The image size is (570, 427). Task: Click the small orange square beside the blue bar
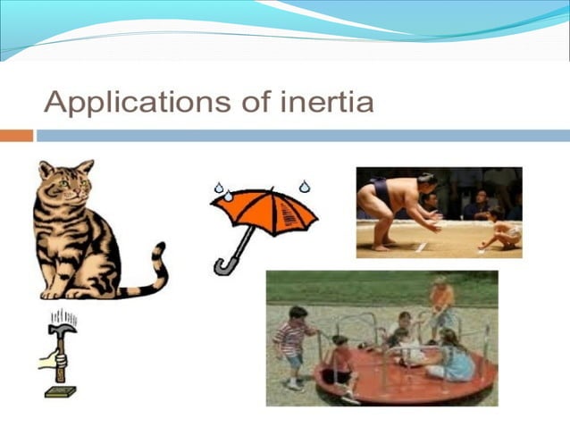coord(16,136)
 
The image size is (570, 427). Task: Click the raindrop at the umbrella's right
coord(305,187)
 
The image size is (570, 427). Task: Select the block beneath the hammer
coord(61,390)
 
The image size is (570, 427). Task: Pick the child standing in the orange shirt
coord(440,304)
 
